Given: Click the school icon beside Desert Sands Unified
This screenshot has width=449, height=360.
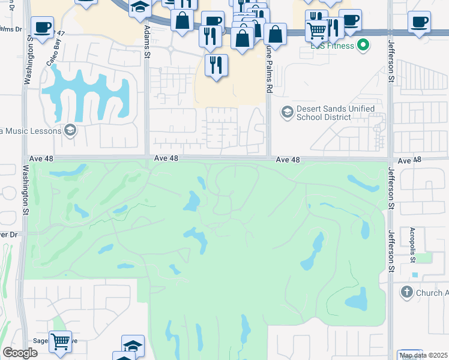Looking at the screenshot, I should (x=287, y=112).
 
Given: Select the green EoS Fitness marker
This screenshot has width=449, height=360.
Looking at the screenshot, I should (x=363, y=44).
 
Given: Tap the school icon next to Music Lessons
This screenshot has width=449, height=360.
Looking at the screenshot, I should (x=70, y=131).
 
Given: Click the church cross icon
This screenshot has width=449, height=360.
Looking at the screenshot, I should (x=406, y=293).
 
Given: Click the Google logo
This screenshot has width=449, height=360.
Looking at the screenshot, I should (x=20, y=353).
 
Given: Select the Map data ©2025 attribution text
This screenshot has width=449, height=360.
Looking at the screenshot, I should (x=424, y=355).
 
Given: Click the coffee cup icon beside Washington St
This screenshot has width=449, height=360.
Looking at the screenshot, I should (x=42, y=28).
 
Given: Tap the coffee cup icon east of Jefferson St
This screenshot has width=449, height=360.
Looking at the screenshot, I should (x=419, y=22).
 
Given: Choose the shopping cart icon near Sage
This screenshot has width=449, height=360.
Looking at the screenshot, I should (x=60, y=342).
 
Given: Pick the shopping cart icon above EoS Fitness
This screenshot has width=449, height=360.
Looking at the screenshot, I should (x=316, y=28).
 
